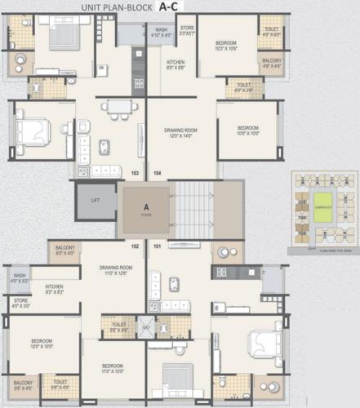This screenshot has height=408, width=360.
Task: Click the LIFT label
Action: (x=95, y=198)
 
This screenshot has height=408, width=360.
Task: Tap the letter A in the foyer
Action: (x=146, y=206)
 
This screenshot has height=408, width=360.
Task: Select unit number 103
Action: (x=136, y=173)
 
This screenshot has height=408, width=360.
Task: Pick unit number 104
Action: (x=157, y=173)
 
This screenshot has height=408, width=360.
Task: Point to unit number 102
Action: (x=136, y=246)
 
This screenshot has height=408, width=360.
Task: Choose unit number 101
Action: (x=157, y=246)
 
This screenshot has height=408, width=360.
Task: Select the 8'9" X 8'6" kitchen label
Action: (x=176, y=65)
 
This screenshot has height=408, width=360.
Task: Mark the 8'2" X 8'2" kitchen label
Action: (x=54, y=290)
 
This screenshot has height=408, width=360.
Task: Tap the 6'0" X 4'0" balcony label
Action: (x=65, y=250)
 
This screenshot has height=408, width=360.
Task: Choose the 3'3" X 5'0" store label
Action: (x=187, y=32)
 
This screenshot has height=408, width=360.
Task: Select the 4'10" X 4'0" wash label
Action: (x=161, y=32)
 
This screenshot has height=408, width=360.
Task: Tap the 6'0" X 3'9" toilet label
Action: (x=242, y=88)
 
